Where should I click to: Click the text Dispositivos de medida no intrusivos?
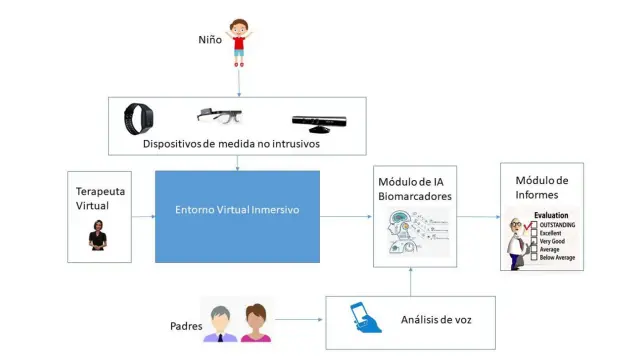click(237, 146)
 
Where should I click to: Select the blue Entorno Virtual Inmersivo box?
click(237, 216)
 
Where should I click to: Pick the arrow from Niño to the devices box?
click(239, 80)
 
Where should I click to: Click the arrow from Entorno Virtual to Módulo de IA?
click(346, 216)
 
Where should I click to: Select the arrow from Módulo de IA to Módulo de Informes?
click(477, 216)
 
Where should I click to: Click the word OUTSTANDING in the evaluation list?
click(558, 225)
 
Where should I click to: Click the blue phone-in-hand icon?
click(363, 319)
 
